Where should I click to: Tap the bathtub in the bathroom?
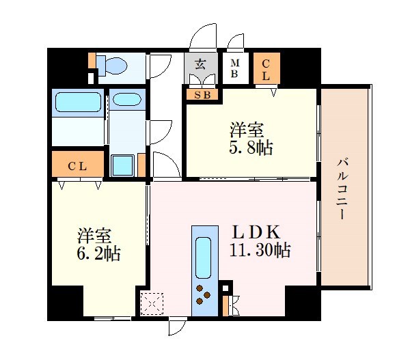click(77, 103)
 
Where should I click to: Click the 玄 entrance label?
click(200, 66)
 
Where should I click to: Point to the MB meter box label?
click(234, 69)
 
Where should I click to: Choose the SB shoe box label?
click(202, 95)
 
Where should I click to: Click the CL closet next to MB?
click(265, 70)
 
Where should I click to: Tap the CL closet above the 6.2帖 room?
click(77, 165)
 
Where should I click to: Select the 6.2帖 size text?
click(98, 254)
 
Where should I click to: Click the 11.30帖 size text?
click(260, 251)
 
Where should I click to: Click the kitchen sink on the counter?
click(204, 256)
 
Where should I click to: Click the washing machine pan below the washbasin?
click(123, 165)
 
